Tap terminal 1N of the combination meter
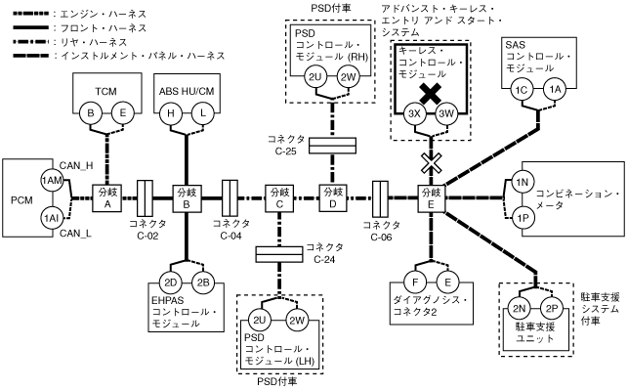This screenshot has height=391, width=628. [522, 182]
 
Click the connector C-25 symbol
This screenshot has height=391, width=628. [333, 147]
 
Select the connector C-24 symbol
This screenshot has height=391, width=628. [280, 254]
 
